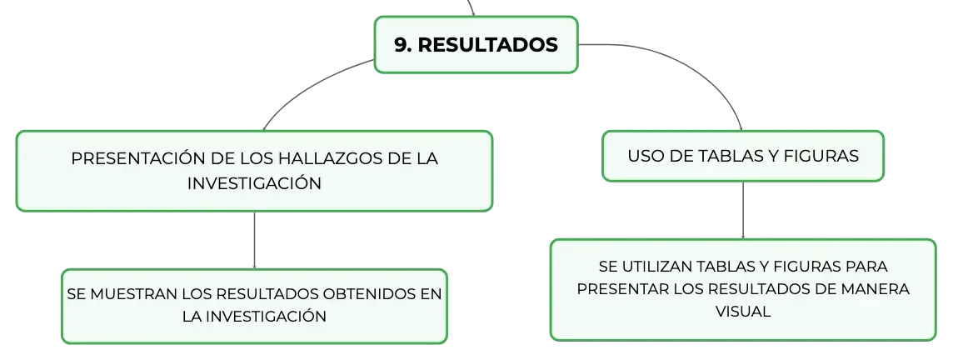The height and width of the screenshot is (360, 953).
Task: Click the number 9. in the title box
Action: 403,44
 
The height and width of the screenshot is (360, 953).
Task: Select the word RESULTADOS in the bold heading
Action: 488,44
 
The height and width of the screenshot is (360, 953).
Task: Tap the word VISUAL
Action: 743,312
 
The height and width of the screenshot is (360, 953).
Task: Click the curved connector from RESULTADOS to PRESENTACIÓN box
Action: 310,87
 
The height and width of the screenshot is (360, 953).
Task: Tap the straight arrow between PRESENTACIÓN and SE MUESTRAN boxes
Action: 254,240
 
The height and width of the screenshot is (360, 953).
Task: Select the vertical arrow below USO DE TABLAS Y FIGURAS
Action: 743,210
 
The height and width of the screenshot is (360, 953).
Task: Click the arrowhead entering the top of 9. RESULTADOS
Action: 472,13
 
